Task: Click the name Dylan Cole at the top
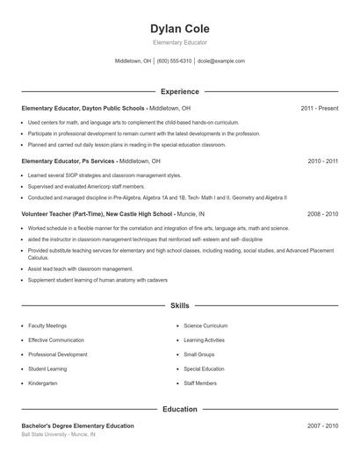(x=180, y=29)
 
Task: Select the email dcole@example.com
(x=221, y=61)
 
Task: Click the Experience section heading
(x=180, y=91)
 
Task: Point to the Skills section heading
(x=180, y=306)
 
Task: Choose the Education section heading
(x=180, y=409)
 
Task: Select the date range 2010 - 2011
(x=322, y=161)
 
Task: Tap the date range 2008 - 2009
(x=322, y=213)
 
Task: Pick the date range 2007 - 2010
(x=322, y=426)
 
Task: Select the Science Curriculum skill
(x=205, y=325)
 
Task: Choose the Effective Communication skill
(x=56, y=340)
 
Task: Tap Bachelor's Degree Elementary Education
(x=78, y=426)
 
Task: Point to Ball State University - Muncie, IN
(x=59, y=434)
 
